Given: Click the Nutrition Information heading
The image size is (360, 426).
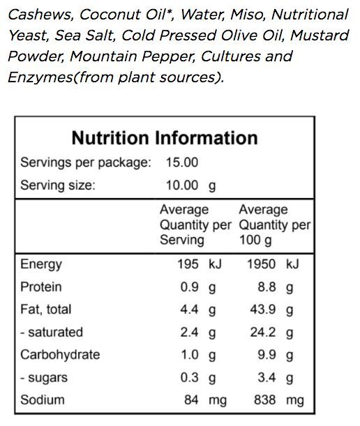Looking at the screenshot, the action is pos(165,138).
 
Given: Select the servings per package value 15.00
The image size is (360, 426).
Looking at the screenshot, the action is pos(182,162).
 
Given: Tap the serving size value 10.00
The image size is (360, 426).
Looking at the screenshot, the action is pos(182,185).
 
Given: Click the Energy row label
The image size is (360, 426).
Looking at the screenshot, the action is pos(41,265).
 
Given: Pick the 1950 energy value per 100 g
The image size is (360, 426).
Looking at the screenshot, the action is pos(262,264).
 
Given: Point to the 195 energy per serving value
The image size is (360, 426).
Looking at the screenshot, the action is pos(188,264).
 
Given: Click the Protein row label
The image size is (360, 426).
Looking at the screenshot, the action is pos(41,287).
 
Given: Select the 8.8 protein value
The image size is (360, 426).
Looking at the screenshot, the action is pos(267,287).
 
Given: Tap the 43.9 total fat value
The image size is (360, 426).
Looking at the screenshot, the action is pos(263,310).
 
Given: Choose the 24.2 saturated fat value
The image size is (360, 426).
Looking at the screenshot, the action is pos(263,333).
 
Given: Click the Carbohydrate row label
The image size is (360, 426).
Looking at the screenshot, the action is pos(60,355).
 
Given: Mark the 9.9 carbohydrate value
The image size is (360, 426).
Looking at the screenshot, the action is pos(267,355).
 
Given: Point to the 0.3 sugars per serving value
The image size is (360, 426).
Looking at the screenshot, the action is pos(189,378).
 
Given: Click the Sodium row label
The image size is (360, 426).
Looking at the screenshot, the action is pos(43,400).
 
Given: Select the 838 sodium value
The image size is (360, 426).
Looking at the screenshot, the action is pos(265,400).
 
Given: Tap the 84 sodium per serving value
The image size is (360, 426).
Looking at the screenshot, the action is pos(191,400).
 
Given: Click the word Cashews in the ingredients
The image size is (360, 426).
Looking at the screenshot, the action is pos(40,15).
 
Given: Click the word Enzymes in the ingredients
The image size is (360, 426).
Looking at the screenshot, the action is pos(40,77).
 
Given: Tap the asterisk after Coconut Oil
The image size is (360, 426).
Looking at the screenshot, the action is pos(170,12).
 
